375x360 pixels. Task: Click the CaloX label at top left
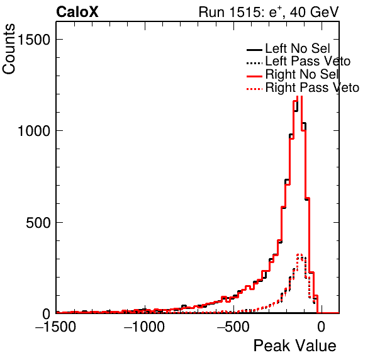[77, 12]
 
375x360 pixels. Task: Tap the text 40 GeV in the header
[314, 12]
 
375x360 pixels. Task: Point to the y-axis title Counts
[9, 49]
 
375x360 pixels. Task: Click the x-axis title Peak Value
[294, 346]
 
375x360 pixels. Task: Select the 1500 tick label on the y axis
[34, 40]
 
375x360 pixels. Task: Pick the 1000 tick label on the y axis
[34, 131]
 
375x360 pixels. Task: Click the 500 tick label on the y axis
[38, 223]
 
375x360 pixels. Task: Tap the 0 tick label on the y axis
[47, 314]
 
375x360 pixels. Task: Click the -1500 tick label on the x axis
[55, 327]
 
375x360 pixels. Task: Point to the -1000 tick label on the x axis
[144, 327]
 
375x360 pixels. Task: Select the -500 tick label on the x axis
[233, 327]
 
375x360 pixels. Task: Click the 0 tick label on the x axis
[322, 327]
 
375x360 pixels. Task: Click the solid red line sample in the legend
[254, 76]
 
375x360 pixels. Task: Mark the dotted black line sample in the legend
[254, 64]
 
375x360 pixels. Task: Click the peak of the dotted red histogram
[299, 254]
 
